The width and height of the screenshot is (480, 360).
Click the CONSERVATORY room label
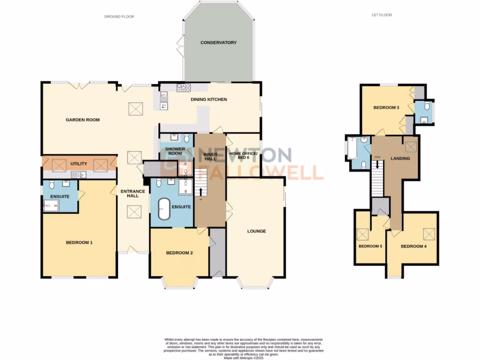(x=218, y=43)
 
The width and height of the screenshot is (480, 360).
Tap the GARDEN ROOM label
(x=82, y=120)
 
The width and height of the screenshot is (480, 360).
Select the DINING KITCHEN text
(x=209, y=99)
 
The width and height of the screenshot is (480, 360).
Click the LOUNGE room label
(x=256, y=231)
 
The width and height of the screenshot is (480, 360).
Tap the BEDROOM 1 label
(x=79, y=242)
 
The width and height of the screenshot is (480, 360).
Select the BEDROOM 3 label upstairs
(x=386, y=108)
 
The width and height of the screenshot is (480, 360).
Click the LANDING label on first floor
(x=400, y=158)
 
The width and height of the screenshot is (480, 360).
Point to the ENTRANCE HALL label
(x=130, y=193)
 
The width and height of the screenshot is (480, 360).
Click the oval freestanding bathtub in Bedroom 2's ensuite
(x=164, y=209)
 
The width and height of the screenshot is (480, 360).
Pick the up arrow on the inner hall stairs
(x=201, y=192)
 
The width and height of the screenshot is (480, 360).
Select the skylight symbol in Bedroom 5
(x=362, y=233)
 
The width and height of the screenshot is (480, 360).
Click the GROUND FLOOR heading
(x=119, y=16)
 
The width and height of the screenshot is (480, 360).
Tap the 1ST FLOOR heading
(x=381, y=15)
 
